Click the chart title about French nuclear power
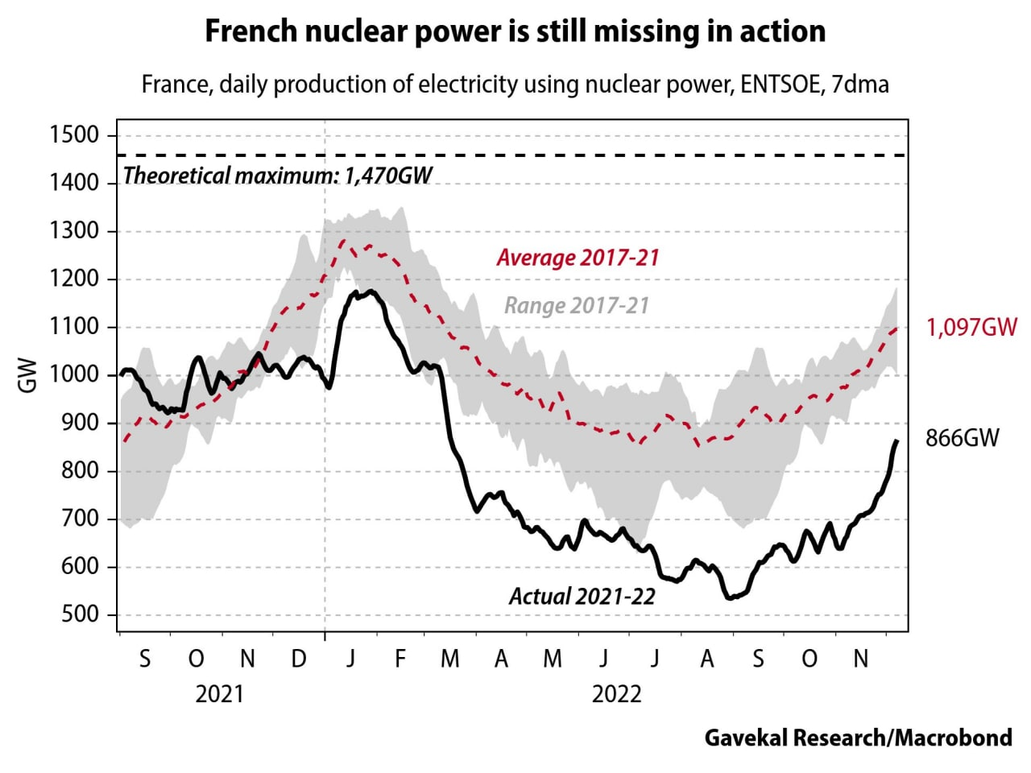515,31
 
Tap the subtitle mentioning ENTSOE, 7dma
515,84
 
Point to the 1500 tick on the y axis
74,135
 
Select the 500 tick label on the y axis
80,615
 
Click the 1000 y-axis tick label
74,375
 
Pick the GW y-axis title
27,375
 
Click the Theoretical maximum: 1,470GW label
278,176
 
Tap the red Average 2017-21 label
578,258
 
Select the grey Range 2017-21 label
576,306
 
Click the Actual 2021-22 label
582,597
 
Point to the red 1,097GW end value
971,328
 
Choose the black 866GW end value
963,438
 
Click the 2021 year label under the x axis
219,694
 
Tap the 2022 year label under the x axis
616,694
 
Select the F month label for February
400,659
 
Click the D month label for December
299,659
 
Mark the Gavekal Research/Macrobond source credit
858,738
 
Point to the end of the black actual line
896,441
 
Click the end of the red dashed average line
897,328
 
